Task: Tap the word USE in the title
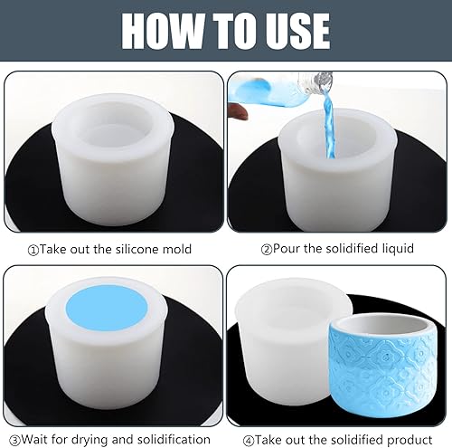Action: click(x=295, y=31)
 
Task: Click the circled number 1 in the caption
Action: click(x=33, y=251)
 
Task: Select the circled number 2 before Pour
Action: click(x=267, y=250)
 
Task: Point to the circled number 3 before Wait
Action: click(x=14, y=441)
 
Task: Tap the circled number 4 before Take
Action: click(x=249, y=441)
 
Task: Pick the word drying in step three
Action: click(x=91, y=440)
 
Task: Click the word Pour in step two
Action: click(x=287, y=249)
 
